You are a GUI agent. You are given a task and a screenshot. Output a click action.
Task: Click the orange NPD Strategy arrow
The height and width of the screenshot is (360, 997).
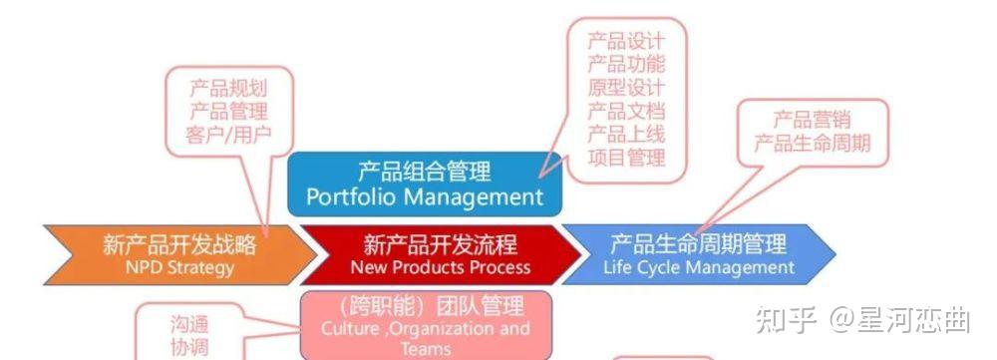point(169,253)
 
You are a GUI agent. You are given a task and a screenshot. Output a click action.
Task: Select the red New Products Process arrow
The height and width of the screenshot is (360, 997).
point(439,253)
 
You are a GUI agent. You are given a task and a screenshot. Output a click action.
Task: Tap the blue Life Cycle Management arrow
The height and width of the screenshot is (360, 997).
point(698,253)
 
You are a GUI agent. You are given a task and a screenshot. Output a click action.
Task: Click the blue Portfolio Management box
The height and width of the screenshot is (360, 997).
point(424,183)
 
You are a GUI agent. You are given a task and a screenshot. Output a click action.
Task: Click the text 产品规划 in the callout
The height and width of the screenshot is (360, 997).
point(228,87)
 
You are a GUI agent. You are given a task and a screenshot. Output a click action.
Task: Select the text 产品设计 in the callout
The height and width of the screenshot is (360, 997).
point(625,41)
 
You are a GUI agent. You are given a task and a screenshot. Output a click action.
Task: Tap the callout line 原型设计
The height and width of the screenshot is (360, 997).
point(625,87)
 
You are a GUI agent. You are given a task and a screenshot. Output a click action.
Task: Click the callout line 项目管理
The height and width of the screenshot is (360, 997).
point(625,157)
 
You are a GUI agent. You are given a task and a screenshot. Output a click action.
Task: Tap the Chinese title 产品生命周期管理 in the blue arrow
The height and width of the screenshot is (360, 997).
point(698,242)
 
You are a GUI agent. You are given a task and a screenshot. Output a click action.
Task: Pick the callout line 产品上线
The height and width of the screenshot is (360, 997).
point(625,134)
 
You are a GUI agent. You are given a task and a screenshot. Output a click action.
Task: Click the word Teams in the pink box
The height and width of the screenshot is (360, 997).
point(425,349)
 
